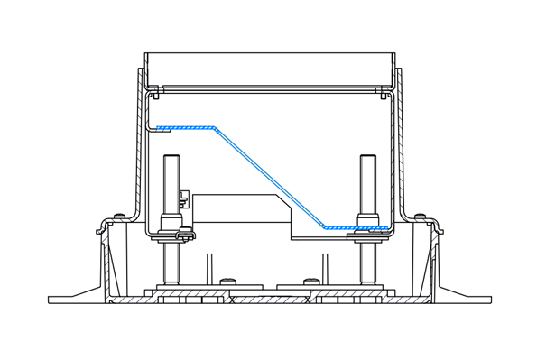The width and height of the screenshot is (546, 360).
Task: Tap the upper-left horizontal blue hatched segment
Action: pyautogui.click(x=184, y=127)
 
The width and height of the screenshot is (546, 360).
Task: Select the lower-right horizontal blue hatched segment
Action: pyautogui.click(x=356, y=227)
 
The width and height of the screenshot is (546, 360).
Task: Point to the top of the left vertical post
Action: pyautogui.click(x=171, y=160)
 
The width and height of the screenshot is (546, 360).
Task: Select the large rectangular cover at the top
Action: pyautogui.click(x=270, y=69)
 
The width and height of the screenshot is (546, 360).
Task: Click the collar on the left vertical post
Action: pyautogui.click(x=171, y=222)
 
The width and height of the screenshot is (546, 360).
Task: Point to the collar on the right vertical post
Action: pyautogui.click(x=367, y=220)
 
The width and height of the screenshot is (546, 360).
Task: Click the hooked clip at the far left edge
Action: pyautogui.click(x=97, y=230)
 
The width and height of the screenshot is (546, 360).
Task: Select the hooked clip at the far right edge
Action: pyautogui.click(x=442, y=230)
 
